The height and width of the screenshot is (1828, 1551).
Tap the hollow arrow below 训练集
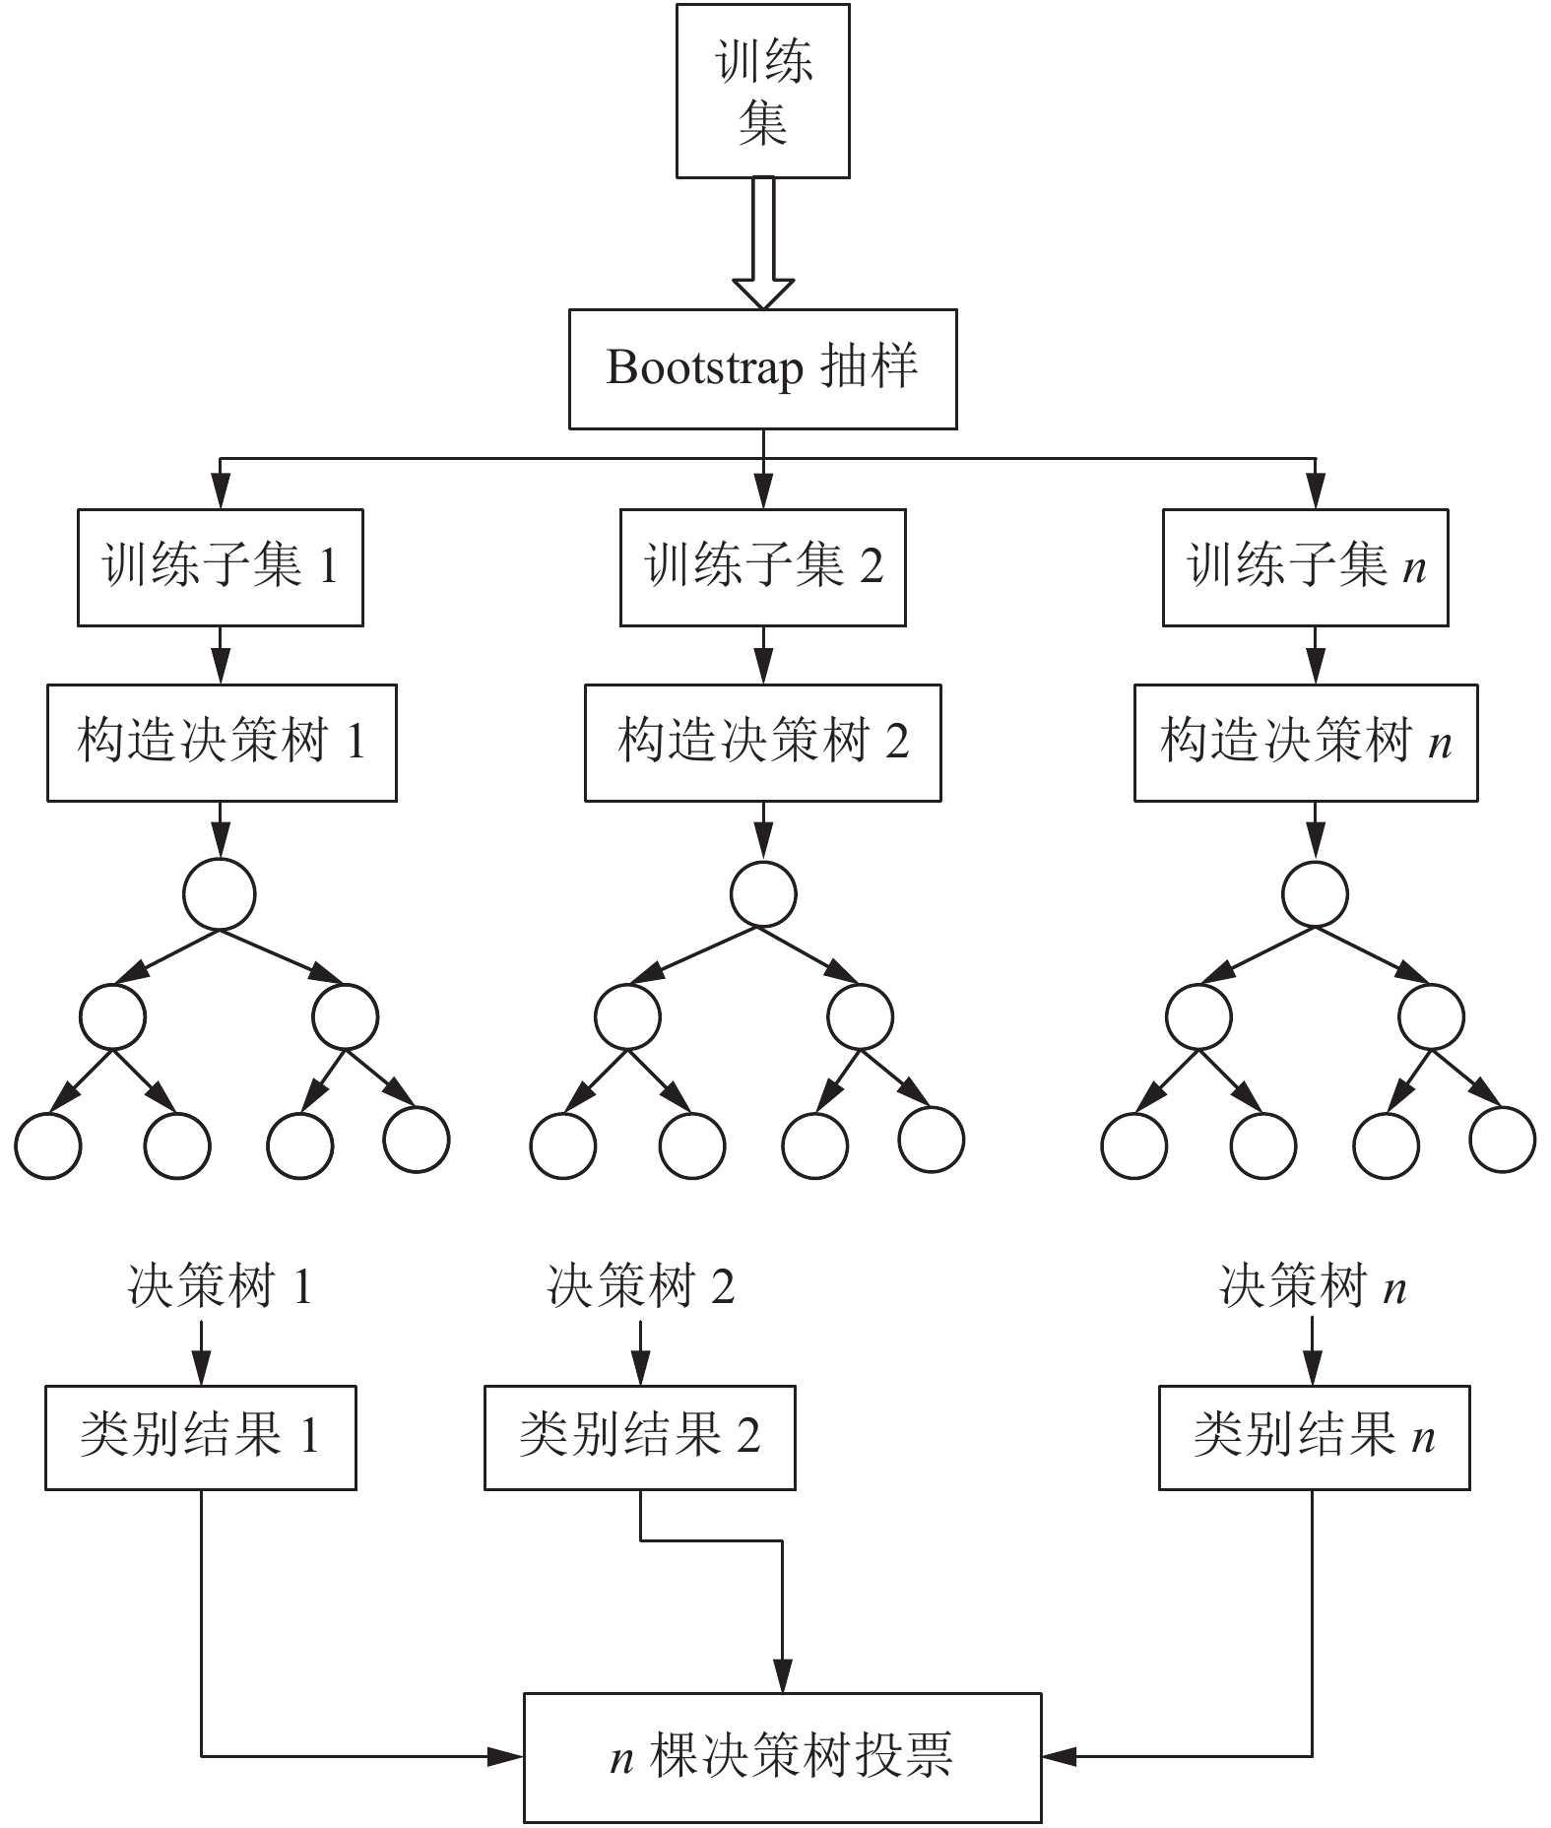[763, 243]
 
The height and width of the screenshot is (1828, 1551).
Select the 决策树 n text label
[1313, 1286]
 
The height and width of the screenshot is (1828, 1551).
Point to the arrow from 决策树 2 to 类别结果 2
[641, 1352]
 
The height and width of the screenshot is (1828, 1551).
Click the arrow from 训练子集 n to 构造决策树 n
[1315, 655]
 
